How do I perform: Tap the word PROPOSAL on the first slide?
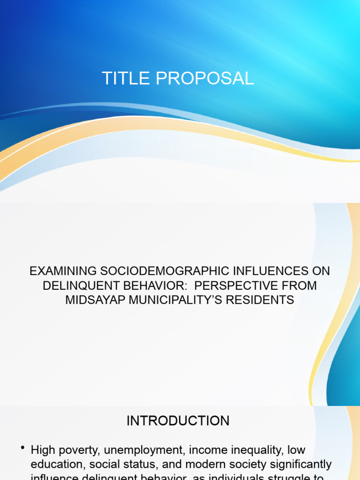click(205, 78)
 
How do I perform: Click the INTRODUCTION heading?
click(178, 420)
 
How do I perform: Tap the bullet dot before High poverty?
click(22, 449)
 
